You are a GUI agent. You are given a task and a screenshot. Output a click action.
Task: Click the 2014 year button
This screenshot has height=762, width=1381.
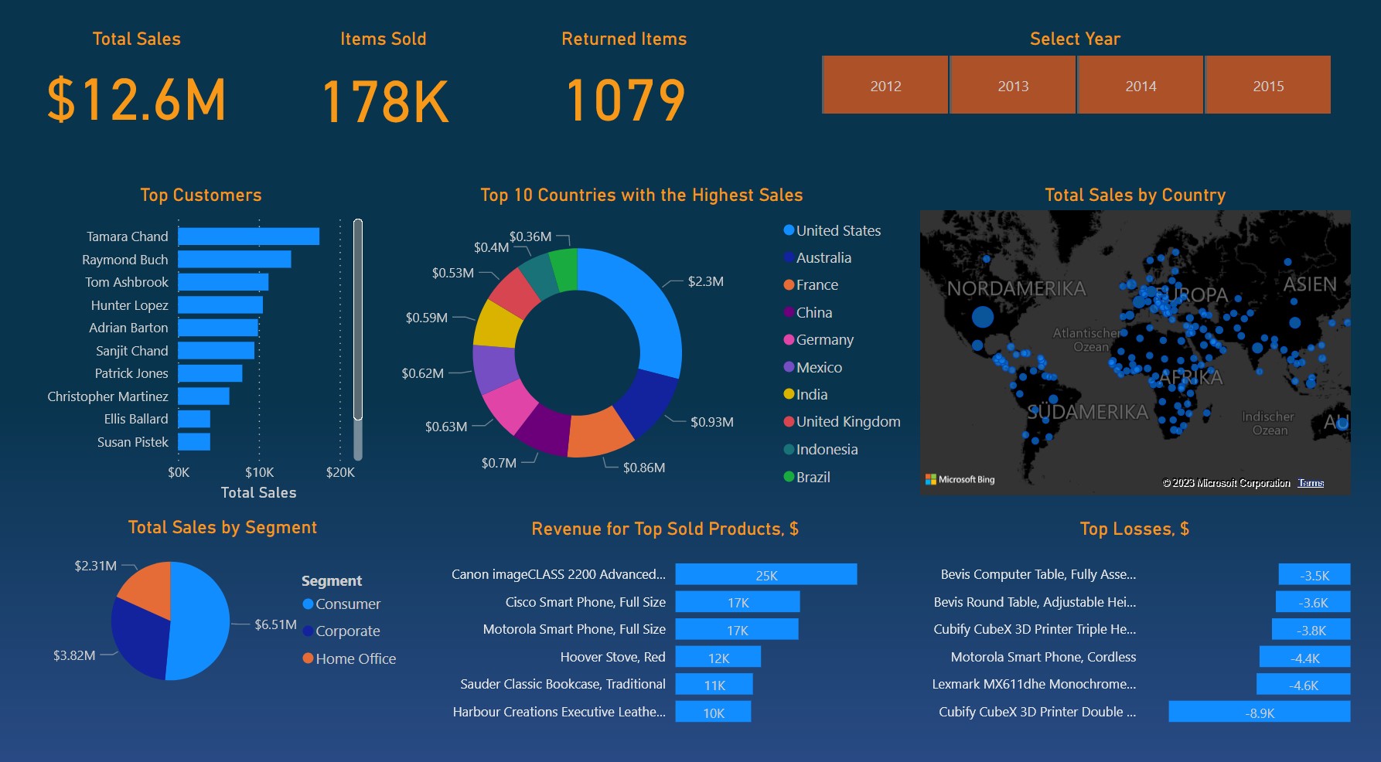pos(1140,86)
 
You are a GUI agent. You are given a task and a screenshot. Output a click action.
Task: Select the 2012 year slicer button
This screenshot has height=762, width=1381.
pos(885,86)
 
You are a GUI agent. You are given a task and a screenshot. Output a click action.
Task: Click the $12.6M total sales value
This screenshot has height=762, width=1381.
pos(137,100)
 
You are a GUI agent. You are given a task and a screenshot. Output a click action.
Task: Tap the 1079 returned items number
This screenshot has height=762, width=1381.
pos(625,100)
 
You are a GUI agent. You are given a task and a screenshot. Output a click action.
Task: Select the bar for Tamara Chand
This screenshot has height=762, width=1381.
pos(248,236)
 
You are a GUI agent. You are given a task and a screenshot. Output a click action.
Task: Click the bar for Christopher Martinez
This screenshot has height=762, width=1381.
pos(203,396)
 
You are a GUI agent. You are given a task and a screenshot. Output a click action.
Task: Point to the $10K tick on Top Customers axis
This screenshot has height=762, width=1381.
pos(259,472)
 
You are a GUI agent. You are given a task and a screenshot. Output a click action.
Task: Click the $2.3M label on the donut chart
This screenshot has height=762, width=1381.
pos(705,281)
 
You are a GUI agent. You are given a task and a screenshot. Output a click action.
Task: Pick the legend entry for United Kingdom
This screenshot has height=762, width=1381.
pos(847,422)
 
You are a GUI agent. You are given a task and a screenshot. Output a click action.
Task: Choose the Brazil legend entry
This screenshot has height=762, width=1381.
pos(812,478)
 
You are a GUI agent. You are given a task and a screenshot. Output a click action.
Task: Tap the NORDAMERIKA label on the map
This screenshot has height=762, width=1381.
pos(1016,289)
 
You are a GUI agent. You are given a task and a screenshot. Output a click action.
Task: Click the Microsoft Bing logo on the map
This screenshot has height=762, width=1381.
pos(960,480)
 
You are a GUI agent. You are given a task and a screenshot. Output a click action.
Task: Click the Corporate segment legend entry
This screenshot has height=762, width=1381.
pos(347,631)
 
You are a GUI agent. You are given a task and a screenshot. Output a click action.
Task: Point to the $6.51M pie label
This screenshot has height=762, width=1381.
pos(275,624)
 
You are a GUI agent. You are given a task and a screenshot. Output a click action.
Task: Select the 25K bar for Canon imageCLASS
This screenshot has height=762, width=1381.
pos(766,575)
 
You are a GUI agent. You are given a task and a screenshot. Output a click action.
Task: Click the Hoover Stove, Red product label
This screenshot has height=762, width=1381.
pos(612,657)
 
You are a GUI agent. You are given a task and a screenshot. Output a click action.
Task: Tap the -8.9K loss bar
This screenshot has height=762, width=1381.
pos(1259,713)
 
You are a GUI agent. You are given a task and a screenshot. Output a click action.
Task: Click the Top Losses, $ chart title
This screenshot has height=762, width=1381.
pos(1134,529)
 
